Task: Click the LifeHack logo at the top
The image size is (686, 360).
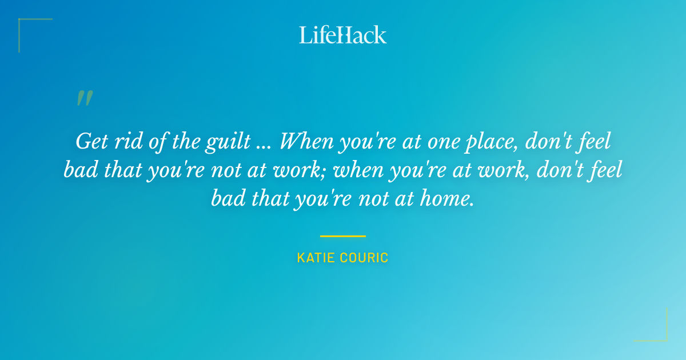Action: coord(343,35)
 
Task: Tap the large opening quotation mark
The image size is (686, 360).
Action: coord(84,98)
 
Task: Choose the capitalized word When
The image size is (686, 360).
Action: coord(306,142)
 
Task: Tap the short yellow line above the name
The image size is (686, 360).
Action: coord(343,235)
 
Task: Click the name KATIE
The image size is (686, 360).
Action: coord(317,258)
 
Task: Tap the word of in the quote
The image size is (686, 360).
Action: coord(156,142)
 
